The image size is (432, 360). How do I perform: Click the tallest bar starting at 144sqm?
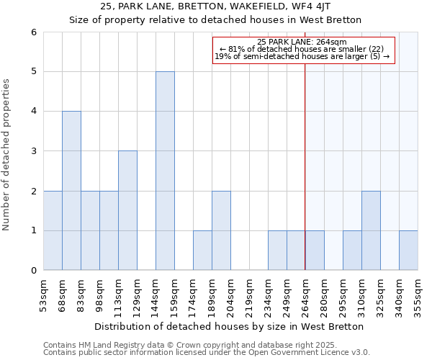coord(165,171)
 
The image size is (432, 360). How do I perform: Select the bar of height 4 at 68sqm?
coord(71,191)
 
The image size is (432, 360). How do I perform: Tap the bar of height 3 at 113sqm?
coord(127,210)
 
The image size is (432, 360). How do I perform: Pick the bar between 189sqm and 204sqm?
coord(221,230)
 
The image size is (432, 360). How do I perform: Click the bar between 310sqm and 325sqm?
coord(371,230)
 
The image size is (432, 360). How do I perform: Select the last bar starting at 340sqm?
coord(408,251)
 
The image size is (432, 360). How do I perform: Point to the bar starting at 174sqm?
coord(202,251)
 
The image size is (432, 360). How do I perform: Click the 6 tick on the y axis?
coord(33,32)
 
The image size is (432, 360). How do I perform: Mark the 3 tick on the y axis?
coord(33,151)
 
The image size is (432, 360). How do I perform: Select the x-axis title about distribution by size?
coord(229,326)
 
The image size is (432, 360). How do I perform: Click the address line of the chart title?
coord(215,6)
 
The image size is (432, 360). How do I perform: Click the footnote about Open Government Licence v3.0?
coord(207,352)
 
